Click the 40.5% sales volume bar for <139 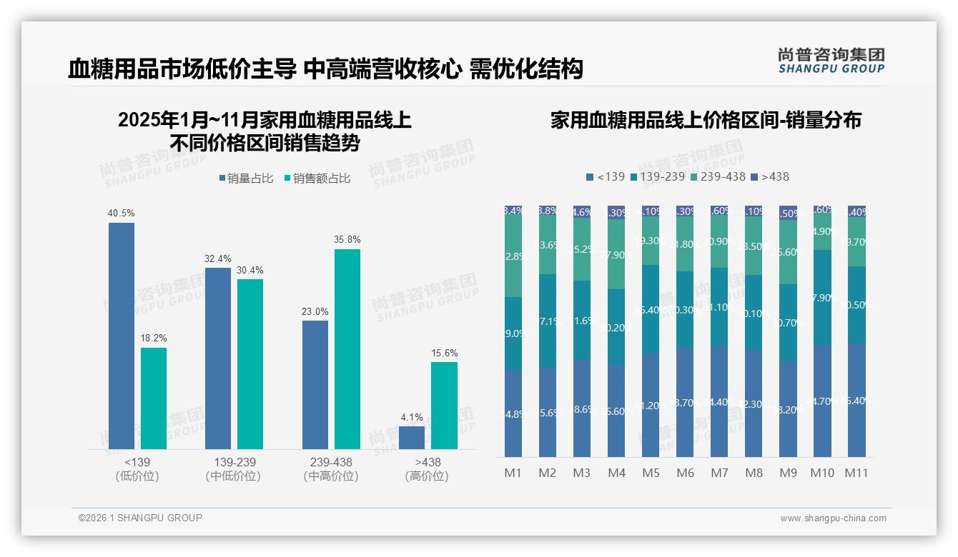pos(122,336)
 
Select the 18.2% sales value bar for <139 pos(154,398)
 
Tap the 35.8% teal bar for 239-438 pos(347,348)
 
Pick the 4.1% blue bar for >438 pos(412,437)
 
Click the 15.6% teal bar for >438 pos(444,405)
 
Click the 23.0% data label pos(315,311)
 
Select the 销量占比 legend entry pos(245,179)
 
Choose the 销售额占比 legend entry pos(317,179)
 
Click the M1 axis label pos(513,473)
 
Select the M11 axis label pos(856,473)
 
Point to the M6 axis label pos(685,473)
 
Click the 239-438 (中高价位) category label pos(331,469)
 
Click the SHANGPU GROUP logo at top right pos(831,61)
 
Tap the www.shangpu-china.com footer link pos(833,518)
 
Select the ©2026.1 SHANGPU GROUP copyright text pos(140,518)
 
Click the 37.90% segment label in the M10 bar pos(822,298)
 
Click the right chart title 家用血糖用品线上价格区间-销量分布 pos(706,120)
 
